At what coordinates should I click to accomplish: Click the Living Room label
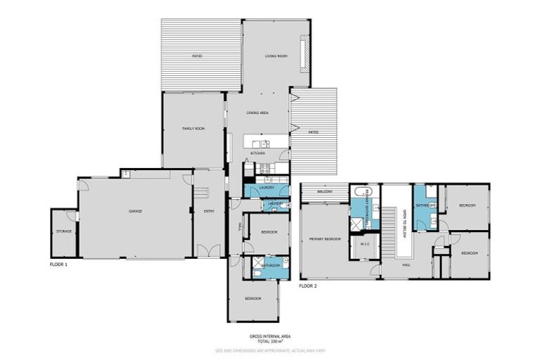point(276,56)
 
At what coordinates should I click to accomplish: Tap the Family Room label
point(193,129)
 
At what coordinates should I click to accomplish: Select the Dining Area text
point(257,112)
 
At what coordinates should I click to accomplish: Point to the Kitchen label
point(257,153)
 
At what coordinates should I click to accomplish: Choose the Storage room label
point(63,231)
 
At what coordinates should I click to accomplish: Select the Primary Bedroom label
point(325,239)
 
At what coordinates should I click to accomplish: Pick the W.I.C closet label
point(365,245)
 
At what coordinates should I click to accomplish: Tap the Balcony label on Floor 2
point(324,191)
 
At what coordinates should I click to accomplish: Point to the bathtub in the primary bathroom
point(359,192)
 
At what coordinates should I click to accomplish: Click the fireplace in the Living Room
point(304,55)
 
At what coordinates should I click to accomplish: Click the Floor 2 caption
point(308,286)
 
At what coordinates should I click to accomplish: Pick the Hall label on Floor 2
point(406,265)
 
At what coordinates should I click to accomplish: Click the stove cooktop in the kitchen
point(266,168)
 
